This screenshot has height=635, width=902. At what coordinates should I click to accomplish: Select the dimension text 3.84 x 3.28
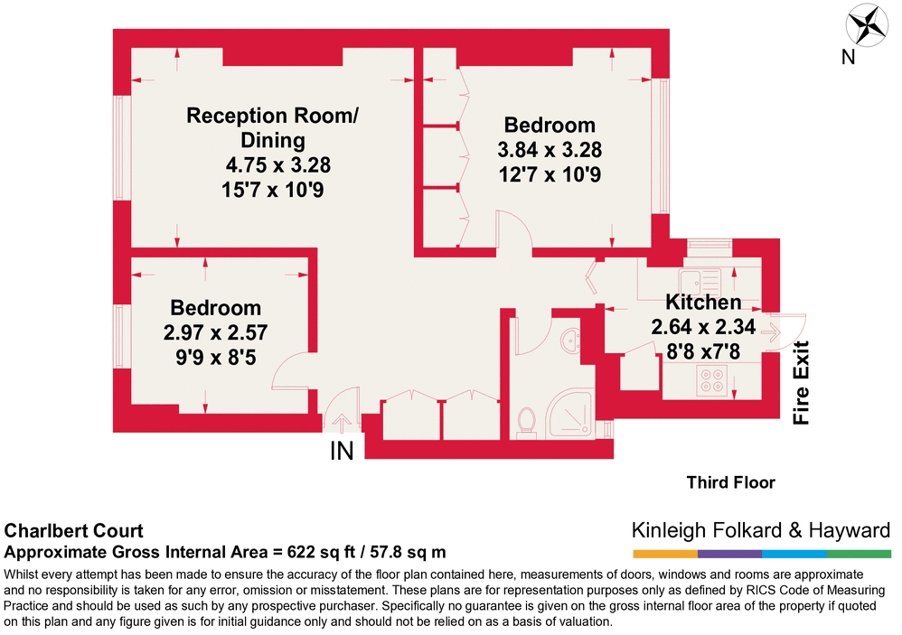pyautogui.click(x=550, y=149)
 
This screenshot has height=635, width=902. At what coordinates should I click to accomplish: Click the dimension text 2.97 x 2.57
pyautogui.click(x=215, y=332)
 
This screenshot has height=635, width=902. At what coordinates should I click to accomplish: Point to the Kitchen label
pyautogui.click(x=703, y=302)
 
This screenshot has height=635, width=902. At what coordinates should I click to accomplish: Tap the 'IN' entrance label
pyautogui.click(x=341, y=451)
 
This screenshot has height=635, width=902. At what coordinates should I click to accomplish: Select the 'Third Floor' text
pyautogui.click(x=729, y=482)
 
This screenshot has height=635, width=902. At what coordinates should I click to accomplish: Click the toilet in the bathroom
pyautogui.click(x=528, y=420)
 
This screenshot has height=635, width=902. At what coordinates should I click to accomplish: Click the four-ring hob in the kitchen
pyautogui.click(x=713, y=381)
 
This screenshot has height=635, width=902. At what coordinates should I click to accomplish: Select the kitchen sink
pyautogui.click(x=697, y=276)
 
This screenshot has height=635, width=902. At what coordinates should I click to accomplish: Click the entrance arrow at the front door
pyautogui.click(x=341, y=422)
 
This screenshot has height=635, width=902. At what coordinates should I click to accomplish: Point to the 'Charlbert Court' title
pyautogui.click(x=74, y=531)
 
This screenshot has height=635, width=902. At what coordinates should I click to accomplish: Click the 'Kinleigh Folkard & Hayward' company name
pyautogui.click(x=760, y=530)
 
